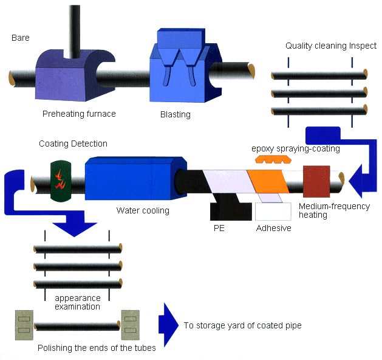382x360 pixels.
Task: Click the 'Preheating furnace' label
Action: [x=79, y=114]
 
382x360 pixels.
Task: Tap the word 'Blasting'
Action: [x=175, y=114]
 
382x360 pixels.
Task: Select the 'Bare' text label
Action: [x=21, y=38]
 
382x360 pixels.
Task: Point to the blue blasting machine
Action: [x=179, y=67]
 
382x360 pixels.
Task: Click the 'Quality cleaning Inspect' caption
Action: [x=331, y=46]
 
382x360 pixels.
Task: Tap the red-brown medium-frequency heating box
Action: [x=316, y=181]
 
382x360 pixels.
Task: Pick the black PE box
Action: [x=231, y=210]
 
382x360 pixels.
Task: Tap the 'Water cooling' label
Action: [x=143, y=211]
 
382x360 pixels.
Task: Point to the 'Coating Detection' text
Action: [x=73, y=144]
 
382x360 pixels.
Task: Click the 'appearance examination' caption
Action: [x=77, y=302]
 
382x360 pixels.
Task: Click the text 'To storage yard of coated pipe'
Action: [x=242, y=325]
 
